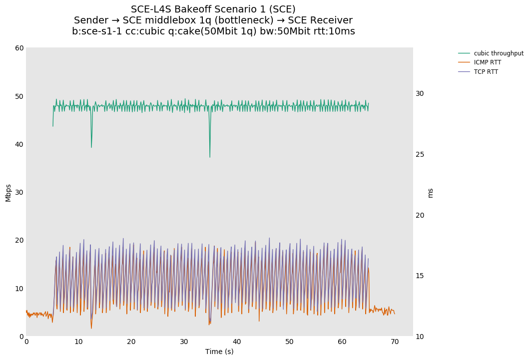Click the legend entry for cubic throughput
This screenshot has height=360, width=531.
click(x=498, y=53)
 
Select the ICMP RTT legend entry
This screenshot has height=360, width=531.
click(x=487, y=62)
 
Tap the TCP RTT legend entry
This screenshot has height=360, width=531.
click(x=486, y=72)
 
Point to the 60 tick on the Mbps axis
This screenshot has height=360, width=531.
click(x=19, y=48)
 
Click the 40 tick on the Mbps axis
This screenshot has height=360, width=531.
click(x=19, y=144)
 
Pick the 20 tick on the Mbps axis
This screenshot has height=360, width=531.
click(x=19, y=240)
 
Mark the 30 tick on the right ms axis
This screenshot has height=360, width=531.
click(x=420, y=93)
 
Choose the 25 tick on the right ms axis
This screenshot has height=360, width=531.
click(x=420, y=154)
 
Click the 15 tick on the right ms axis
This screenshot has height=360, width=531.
click(x=420, y=276)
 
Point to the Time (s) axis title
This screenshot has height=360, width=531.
click(x=219, y=352)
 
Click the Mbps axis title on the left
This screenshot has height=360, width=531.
click(x=8, y=192)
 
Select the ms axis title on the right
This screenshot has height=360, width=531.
click(x=431, y=192)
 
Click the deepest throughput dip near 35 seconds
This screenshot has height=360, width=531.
click(x=210, y=157)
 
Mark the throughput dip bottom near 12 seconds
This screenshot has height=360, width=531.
click(x=91, y=147)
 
